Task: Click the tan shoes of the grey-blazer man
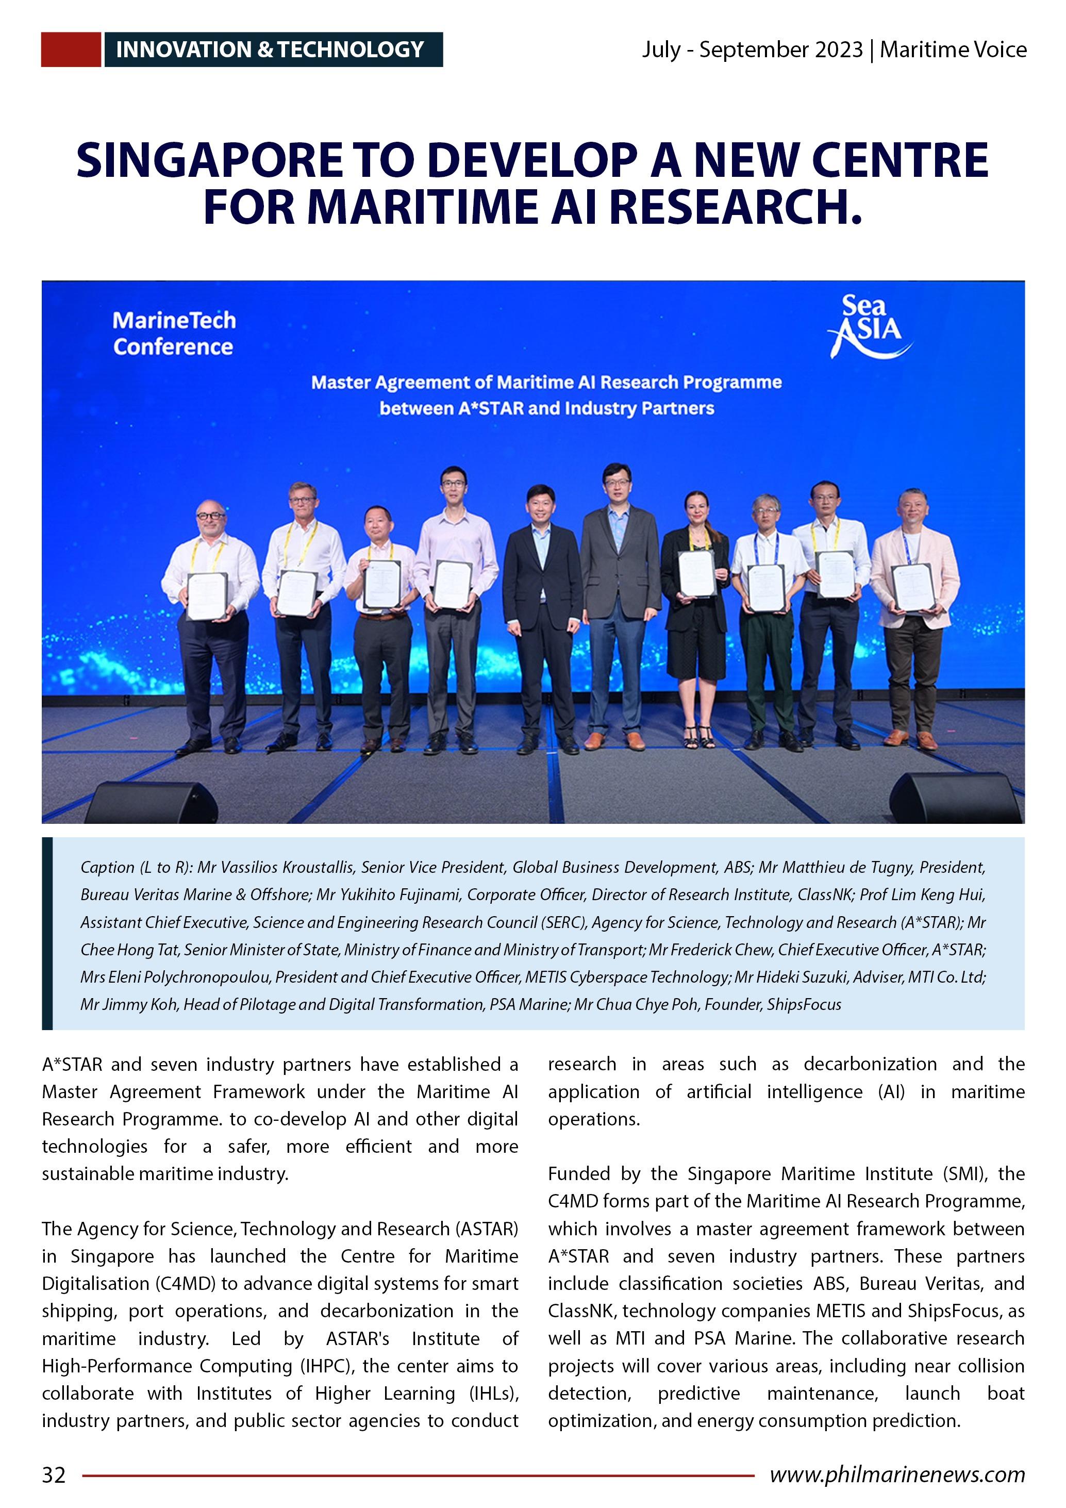614,741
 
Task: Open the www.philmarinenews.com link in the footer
896,1474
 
